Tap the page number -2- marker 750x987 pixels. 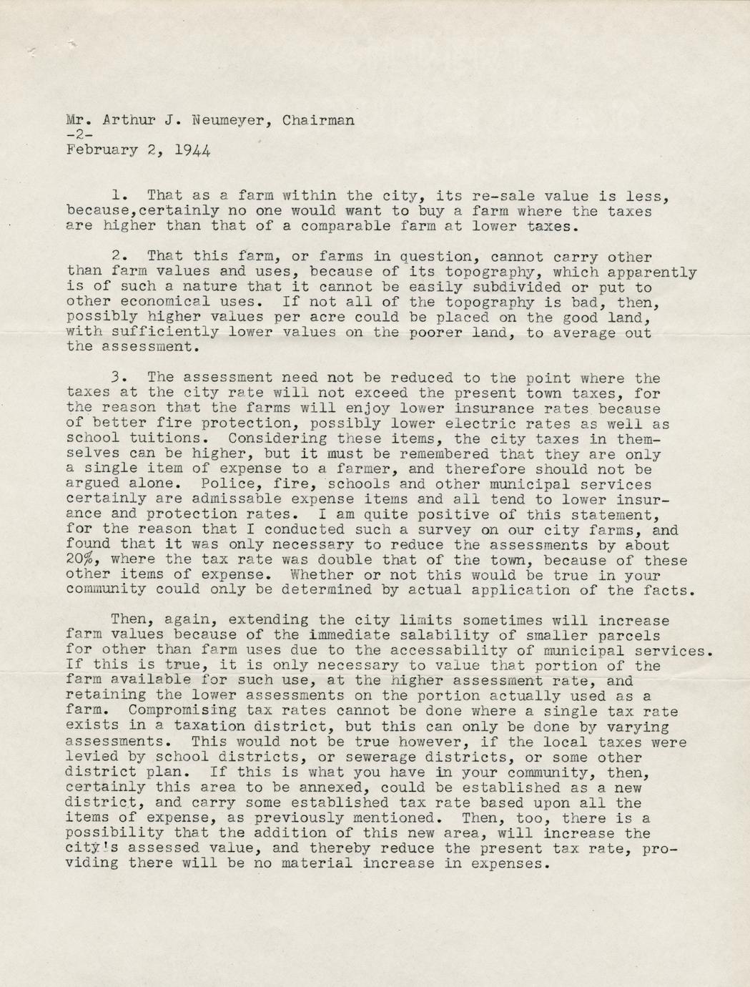[74, 135]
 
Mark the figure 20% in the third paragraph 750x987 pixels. [83, 561]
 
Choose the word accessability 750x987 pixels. [448, 651]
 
